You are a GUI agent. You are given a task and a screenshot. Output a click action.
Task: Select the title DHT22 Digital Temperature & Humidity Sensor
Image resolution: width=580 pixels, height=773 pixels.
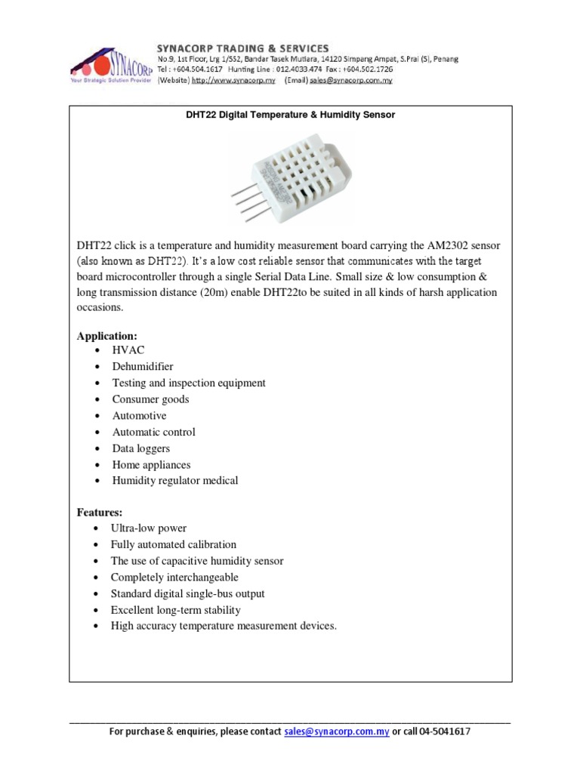tap(291, 115)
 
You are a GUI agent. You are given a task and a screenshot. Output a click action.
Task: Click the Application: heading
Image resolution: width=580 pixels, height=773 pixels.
tap(107, 335)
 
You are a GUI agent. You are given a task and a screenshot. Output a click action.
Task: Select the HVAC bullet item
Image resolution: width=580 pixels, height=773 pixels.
tap(128, 351)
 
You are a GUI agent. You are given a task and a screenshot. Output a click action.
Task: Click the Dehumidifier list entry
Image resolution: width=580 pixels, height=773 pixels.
tap(143, 367)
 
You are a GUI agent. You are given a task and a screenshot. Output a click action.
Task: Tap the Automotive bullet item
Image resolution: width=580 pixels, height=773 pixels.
tap(139, 416)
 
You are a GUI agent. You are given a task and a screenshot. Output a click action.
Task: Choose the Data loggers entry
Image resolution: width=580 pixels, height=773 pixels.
tap(141, 448)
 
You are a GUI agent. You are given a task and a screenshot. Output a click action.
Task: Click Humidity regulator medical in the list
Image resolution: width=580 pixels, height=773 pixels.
tap(175, 481)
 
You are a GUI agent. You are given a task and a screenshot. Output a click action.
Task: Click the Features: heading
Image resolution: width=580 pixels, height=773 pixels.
tap(100, 513)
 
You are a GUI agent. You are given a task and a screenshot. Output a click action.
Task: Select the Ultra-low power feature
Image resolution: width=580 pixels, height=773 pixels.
tap(148, 528)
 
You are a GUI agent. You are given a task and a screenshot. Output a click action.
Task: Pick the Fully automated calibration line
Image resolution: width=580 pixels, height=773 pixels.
tap(174, 545)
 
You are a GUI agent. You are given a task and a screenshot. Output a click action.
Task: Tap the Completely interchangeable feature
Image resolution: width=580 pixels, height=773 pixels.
tap(174, 577)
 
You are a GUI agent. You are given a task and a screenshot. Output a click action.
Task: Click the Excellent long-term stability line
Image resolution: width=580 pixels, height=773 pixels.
tap(175, 610)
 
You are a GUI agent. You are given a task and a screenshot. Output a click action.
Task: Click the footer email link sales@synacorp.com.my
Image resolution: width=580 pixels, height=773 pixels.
tap(337, 731)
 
